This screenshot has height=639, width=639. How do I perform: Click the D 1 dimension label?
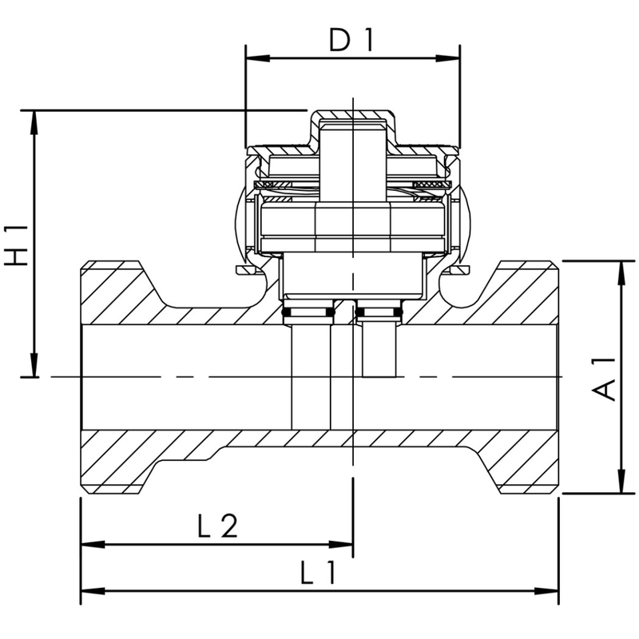click(351, 41)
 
